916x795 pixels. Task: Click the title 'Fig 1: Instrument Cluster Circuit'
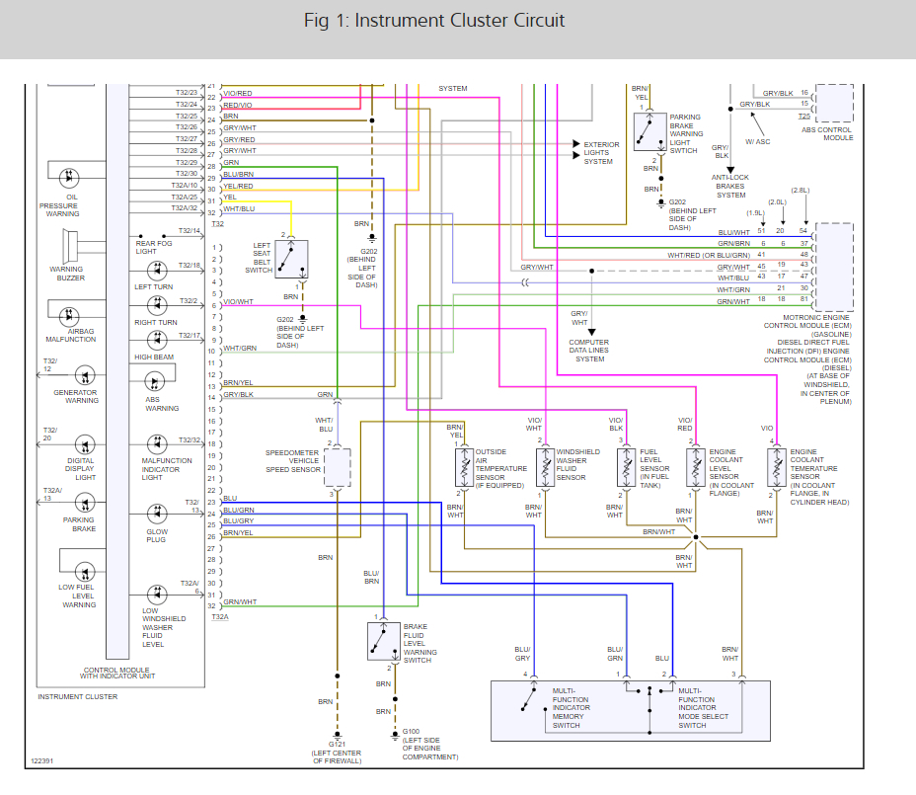pos(434,21)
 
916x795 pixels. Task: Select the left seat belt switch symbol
pos(291,259)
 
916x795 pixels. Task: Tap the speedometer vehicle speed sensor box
pos(337,468)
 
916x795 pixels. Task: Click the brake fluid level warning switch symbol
pos(383,641)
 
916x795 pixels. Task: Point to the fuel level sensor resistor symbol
pos(626,467)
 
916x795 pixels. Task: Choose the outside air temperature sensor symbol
pos(465,467)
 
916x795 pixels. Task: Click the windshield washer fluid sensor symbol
pos(545,467)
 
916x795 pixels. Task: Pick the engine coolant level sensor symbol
pos(695,467)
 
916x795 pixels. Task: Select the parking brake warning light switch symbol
pos(650,132)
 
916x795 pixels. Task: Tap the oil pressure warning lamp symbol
pos(69,177)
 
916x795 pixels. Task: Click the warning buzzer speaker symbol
pos(69,246)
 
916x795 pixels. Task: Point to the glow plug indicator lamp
pos(157,514)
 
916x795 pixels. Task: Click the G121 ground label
pos(337,745)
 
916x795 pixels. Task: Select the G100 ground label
pos(411,731)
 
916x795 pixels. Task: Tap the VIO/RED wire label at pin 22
pos(237,94)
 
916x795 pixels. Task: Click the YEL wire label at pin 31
pos(230,198)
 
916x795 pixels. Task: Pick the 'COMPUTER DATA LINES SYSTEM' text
pos(589,351)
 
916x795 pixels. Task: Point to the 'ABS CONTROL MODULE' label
pos(826,134)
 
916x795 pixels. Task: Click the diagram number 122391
pos(42,761)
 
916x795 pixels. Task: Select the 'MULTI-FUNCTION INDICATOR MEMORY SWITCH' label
pos(571,708)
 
